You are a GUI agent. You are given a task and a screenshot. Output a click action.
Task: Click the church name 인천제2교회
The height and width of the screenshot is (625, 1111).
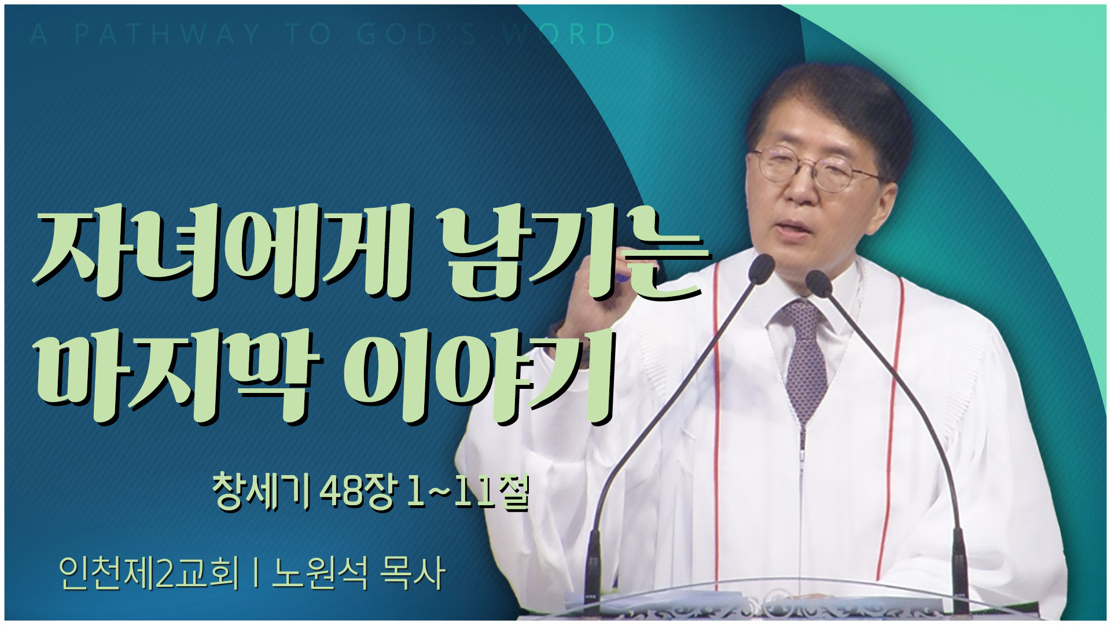[149, 573]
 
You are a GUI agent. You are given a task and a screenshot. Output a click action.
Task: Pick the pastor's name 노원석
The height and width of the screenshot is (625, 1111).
[319, 573]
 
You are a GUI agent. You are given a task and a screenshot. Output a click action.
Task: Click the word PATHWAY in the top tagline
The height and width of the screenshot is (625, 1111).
[168, 34]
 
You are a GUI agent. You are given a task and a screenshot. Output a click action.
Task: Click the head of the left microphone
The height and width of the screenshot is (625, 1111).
[761, 268]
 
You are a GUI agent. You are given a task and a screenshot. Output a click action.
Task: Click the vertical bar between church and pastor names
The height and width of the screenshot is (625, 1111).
[255, 573]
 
